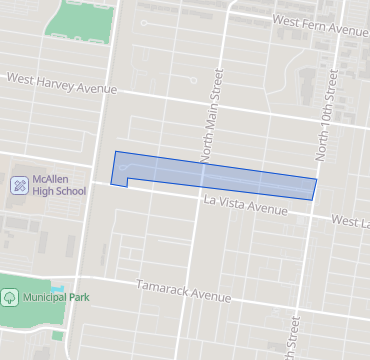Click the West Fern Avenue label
pos(320,24)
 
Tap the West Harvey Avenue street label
pos(62,83)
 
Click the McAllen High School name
pos(59,184)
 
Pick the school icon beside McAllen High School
pos(19,184)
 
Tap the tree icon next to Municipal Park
pos(10,297)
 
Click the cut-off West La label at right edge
pos(350,219)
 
